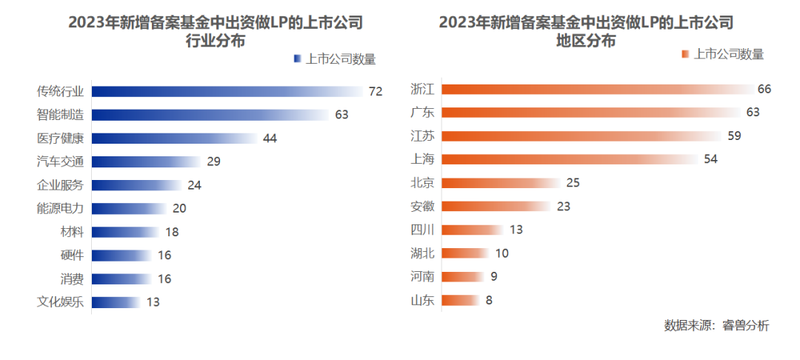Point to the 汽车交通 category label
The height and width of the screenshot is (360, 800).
pyautogui.click(x=60, y=161)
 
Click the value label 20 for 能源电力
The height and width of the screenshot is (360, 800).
pyautogui.click(x=179, y=208)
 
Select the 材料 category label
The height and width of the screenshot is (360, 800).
pyautogui.click(x=72, y=232)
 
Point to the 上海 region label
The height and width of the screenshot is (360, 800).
pyautogui.click(x=422, y=159)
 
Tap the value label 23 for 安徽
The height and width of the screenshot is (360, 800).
pyautogui.click(x=563, y=207)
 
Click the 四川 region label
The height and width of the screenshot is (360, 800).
pyautogui.click(x=422, y=230)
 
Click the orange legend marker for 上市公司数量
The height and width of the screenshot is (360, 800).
pyautogui.click(x=685, y=54)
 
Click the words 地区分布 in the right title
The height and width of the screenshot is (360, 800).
pyautogui.click(x=586, y=42)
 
